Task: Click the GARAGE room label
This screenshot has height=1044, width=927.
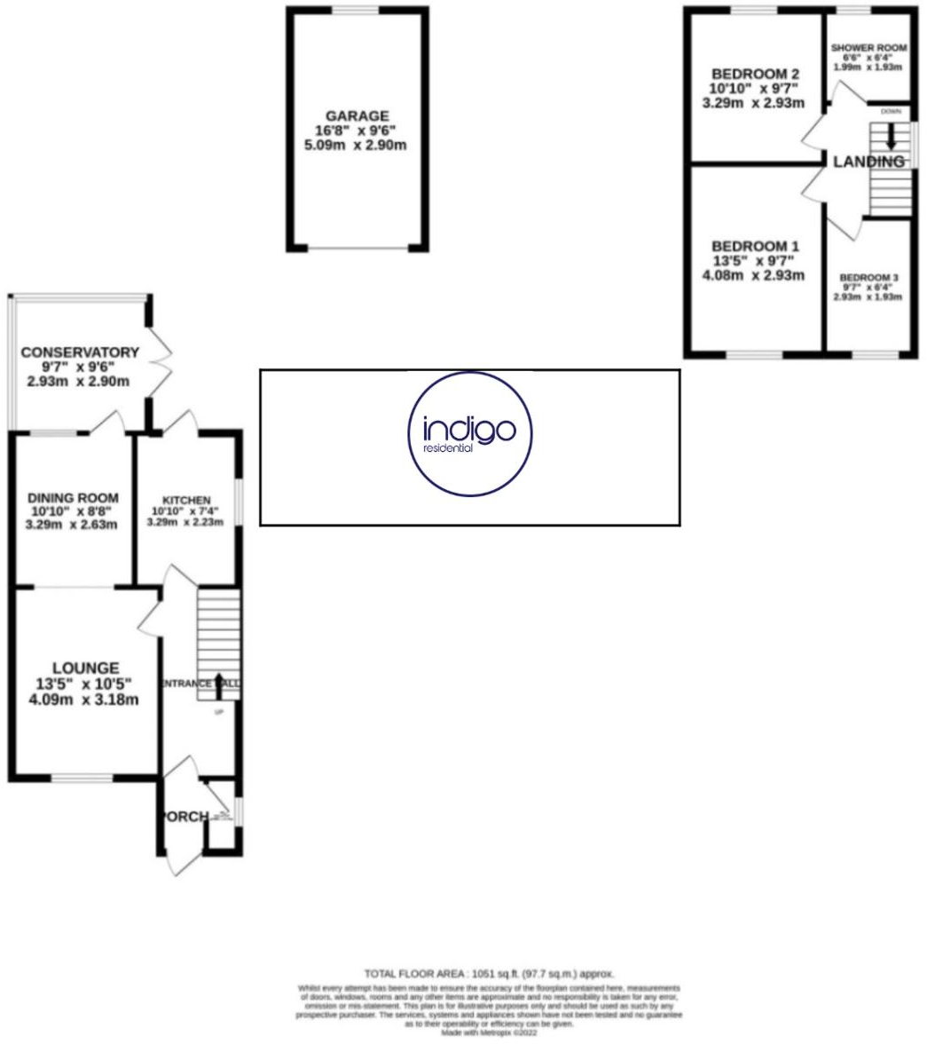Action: coord(357,115)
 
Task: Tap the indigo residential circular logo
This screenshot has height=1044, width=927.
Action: coord(470,433)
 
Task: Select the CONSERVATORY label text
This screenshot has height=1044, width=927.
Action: coord(80,352)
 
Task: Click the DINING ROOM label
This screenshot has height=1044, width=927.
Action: coord(73,498)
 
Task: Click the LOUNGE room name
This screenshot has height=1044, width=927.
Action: coord(85,668)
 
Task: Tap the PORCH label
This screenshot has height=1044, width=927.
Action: coord(185,816)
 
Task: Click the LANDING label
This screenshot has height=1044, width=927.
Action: coord(868,162)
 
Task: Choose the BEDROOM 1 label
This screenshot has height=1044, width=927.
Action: coord(749,246)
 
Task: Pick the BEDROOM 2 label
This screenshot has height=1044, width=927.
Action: coord(749,74)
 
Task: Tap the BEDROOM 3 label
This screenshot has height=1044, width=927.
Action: coord(869,278)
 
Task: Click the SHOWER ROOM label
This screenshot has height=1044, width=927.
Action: coord(865,48)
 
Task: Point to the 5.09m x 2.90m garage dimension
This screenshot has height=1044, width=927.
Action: coord(357,145)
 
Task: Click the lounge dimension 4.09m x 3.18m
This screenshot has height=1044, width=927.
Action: coord(85,700)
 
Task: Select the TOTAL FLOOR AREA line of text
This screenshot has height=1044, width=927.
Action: coord(489,974)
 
